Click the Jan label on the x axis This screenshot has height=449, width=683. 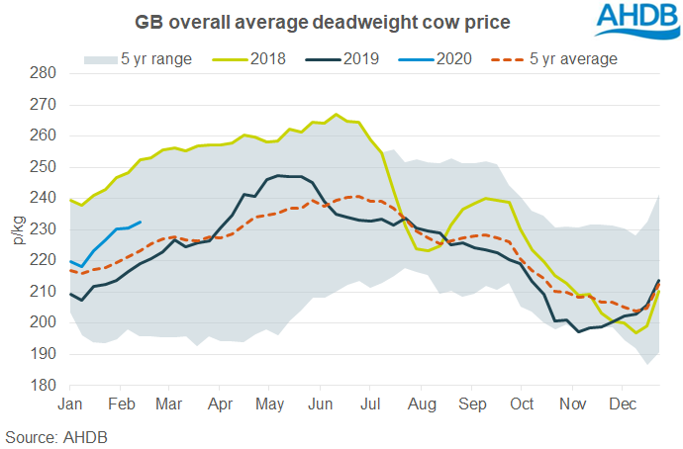(x=70, y=404)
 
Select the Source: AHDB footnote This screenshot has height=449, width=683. (x=55, y=436)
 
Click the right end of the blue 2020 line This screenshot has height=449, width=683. (x=141, y=222)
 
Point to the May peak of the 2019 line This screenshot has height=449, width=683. (x=279, y=175)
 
